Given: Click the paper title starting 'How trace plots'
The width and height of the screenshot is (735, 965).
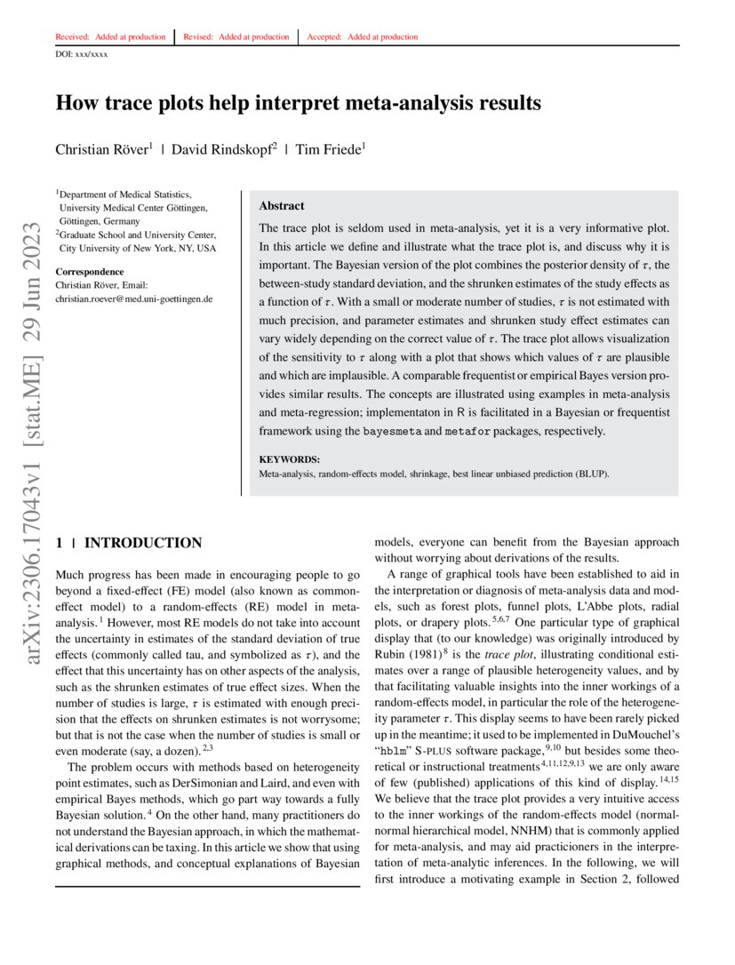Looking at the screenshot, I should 298,103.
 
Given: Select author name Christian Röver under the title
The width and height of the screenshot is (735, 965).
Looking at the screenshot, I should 102,149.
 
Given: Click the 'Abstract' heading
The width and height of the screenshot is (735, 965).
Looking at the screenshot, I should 281,205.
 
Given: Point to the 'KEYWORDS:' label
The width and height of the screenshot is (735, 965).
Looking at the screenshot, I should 289,459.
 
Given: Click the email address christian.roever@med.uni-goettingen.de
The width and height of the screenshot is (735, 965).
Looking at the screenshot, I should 133,299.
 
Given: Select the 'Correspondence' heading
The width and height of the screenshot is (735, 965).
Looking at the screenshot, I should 89,271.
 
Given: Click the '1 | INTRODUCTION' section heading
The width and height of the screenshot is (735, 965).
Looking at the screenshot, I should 129,543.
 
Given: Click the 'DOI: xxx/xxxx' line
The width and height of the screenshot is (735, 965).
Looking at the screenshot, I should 82,54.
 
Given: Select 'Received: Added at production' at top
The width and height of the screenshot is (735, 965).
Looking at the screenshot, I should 110,37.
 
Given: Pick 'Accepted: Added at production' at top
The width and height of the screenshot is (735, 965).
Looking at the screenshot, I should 362,37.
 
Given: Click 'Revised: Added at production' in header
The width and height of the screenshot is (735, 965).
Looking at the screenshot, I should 236,37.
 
